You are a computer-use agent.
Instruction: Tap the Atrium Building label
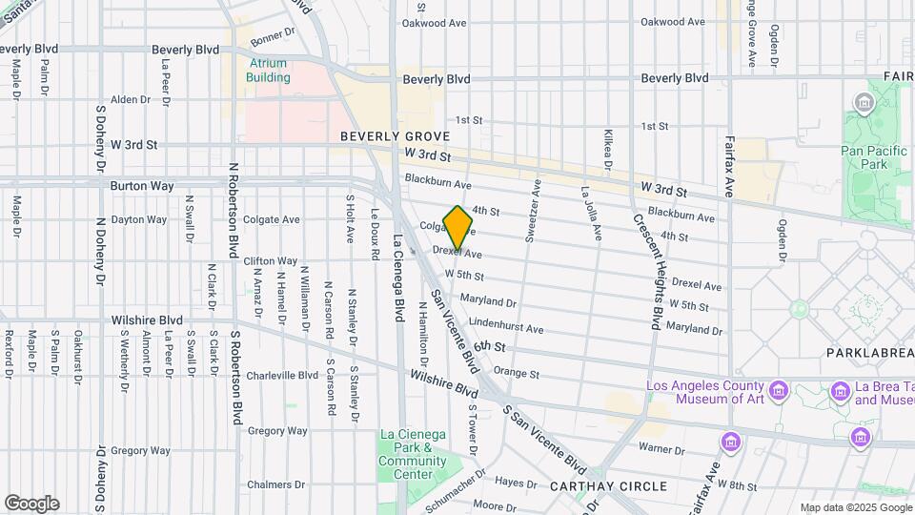click(269, 71)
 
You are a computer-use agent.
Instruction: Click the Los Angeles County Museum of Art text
click(705, 392)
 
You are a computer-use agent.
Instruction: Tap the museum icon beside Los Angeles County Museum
click(779, 391)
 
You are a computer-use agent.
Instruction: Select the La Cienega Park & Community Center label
click(412, 448)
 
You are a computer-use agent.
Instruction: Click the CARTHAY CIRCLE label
click(608, 486)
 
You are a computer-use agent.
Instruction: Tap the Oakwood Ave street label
click(675, 22)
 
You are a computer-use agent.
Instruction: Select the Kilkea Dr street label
click(607, 150)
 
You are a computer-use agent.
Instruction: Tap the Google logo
click(31, 503)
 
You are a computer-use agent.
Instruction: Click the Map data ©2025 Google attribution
click(855, 507)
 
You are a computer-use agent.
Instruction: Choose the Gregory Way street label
click(276, 431)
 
